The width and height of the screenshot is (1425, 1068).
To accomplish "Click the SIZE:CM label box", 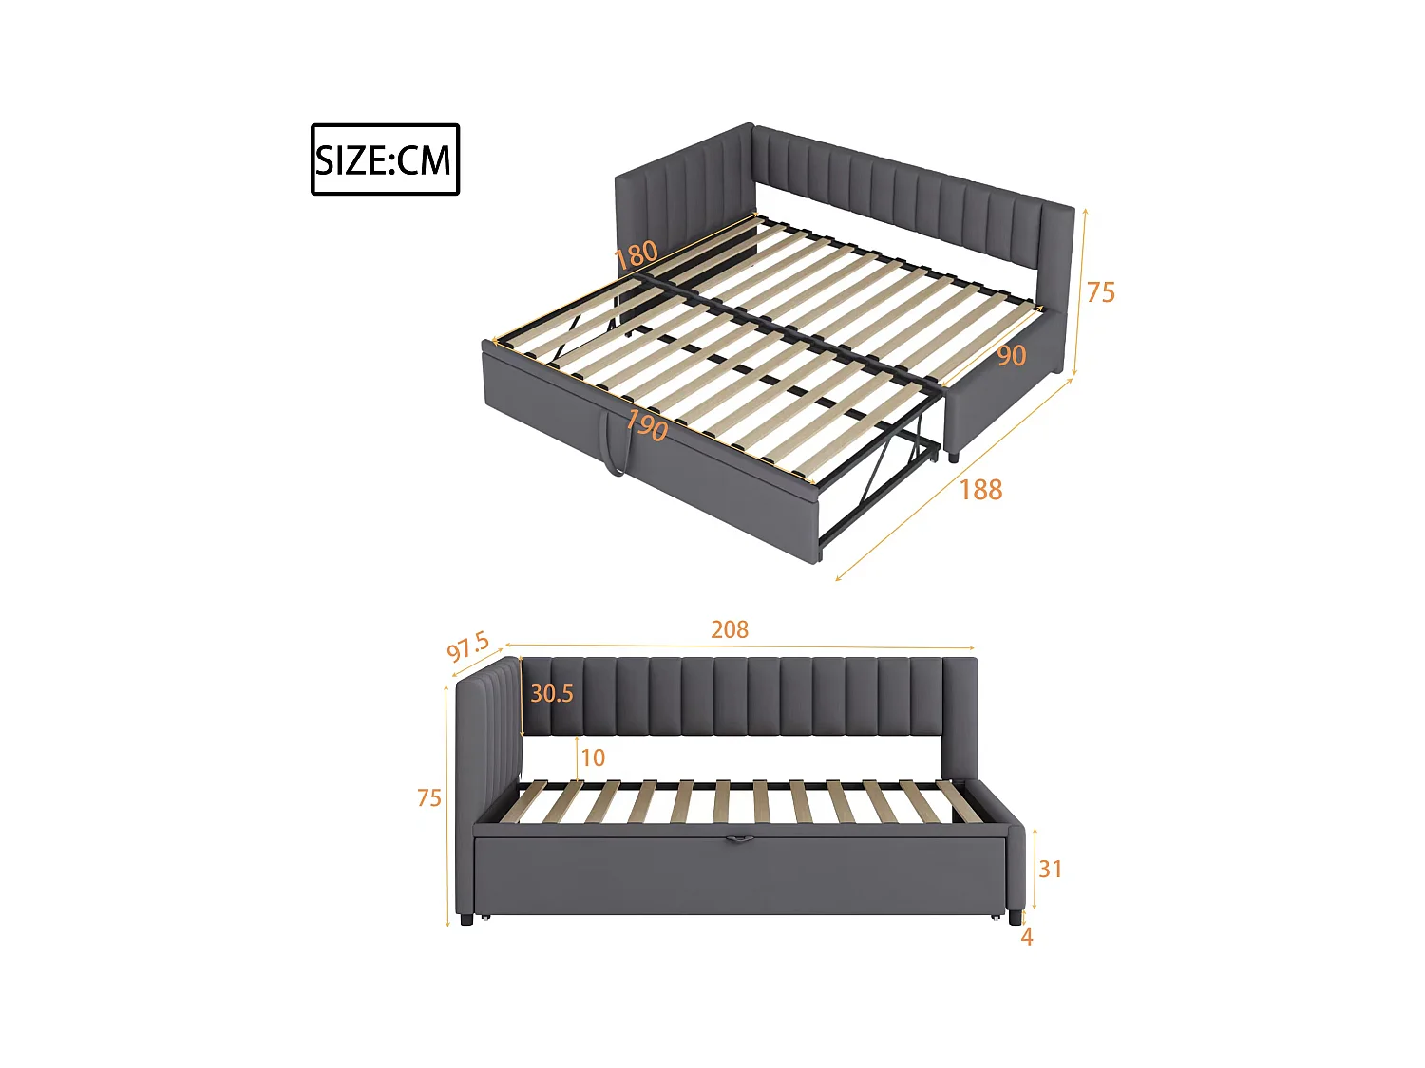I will point(385,159).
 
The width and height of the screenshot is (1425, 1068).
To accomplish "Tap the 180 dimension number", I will point(636,254).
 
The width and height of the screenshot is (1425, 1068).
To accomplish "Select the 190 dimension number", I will point(646,425).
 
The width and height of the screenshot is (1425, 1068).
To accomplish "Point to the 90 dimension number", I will point(1011,356).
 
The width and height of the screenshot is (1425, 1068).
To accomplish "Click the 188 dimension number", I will point(980,490).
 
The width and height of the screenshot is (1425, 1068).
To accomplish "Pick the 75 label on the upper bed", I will point(1100,292).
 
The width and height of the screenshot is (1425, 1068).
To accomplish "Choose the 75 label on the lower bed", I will point(429,798).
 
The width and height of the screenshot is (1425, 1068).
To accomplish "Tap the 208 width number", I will point(730,629).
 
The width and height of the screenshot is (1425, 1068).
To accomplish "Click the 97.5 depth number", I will point(467,647).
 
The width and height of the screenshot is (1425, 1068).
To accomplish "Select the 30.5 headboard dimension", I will point(551,694).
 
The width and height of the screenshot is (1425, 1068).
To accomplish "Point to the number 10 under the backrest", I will point(593,758).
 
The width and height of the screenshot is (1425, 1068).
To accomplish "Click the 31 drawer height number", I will point(1050,869).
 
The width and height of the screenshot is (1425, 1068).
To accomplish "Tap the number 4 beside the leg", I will point(1027,937).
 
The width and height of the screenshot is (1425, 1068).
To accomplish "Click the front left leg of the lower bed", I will point(465,919).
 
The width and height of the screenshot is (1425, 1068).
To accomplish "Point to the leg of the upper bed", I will point(953,456).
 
